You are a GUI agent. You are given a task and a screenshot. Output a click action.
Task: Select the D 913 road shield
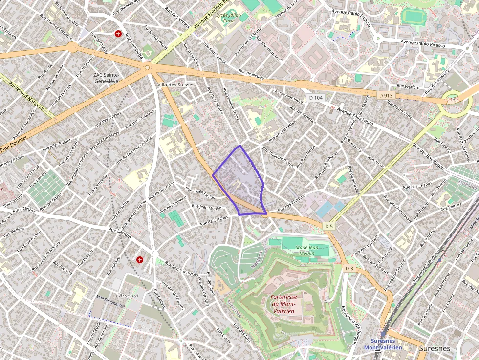tap(387, 95)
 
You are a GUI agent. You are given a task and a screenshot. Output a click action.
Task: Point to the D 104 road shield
tap(316, 98)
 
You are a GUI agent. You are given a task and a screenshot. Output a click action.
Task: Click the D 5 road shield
tap(329, 226)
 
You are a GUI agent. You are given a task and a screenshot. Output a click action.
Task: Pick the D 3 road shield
tap(348, 268)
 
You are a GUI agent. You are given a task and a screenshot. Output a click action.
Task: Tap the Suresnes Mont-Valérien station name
tap(386, 344)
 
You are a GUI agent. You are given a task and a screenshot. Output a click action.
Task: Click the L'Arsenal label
tap(127, 296)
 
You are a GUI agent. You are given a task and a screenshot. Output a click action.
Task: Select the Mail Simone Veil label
tap(111, 305)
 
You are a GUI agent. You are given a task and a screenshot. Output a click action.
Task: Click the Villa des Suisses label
tap(176, 85)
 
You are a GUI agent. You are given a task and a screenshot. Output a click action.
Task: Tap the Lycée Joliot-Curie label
tap(226, 18)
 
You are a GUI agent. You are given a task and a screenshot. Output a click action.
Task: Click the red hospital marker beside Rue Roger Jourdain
tap(140, 260)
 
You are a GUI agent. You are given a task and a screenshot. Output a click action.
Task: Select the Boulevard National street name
tap(26, 98)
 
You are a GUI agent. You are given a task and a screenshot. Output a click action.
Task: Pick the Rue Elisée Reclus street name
tap(200, 193)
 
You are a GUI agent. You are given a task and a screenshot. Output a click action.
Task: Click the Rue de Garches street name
tap(214, 221)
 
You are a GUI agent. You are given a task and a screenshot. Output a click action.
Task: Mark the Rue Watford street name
tap(409, 86)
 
